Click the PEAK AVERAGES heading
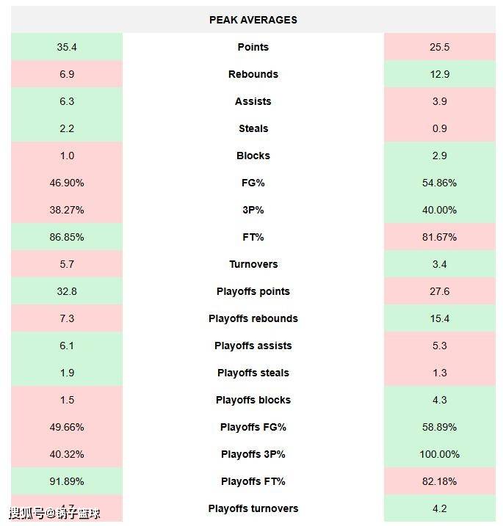tap(253, 20)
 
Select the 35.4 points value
tap(67, 47)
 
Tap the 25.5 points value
tap(439, 47)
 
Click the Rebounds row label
tap(253, 74)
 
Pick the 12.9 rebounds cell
tap(439, 74)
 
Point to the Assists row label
tap(253, 101)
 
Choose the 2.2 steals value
tap(67, 128)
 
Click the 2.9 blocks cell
tap(439, 156)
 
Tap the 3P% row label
tap(253, 210)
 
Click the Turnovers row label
tap(253, 264)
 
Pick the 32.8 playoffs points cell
tap(67, 291)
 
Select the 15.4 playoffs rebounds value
tap(439, 318)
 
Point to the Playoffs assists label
tap(253, 346)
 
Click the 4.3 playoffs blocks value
tap(439, 400)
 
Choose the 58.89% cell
tap(439, 427)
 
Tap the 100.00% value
tap(439, 454)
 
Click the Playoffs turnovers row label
tap(253, 508)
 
